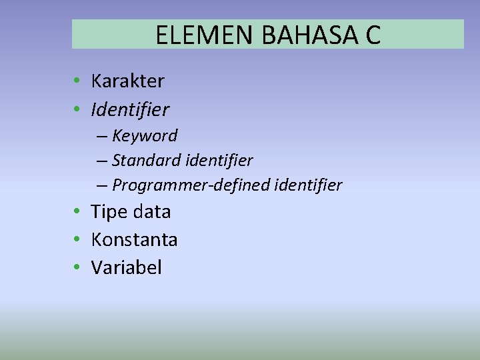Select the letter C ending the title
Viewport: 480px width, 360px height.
coord(373,35)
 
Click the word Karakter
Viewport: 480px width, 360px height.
coord(127,81)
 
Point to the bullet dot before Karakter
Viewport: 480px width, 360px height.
coord(78,81)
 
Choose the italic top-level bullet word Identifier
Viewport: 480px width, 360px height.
coord(130,109)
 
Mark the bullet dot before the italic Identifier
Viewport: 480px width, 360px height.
coord(78,109)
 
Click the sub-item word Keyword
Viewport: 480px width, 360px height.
coord(145,136)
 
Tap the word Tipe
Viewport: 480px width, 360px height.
coord(110,212)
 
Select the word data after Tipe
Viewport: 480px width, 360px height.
coord(152,212)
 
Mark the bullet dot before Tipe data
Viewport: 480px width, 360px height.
coord(78,212)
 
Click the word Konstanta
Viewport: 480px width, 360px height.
coord(134,239)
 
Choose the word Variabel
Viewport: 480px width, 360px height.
coord(126,267)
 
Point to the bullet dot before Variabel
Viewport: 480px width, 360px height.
coord(78,267)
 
